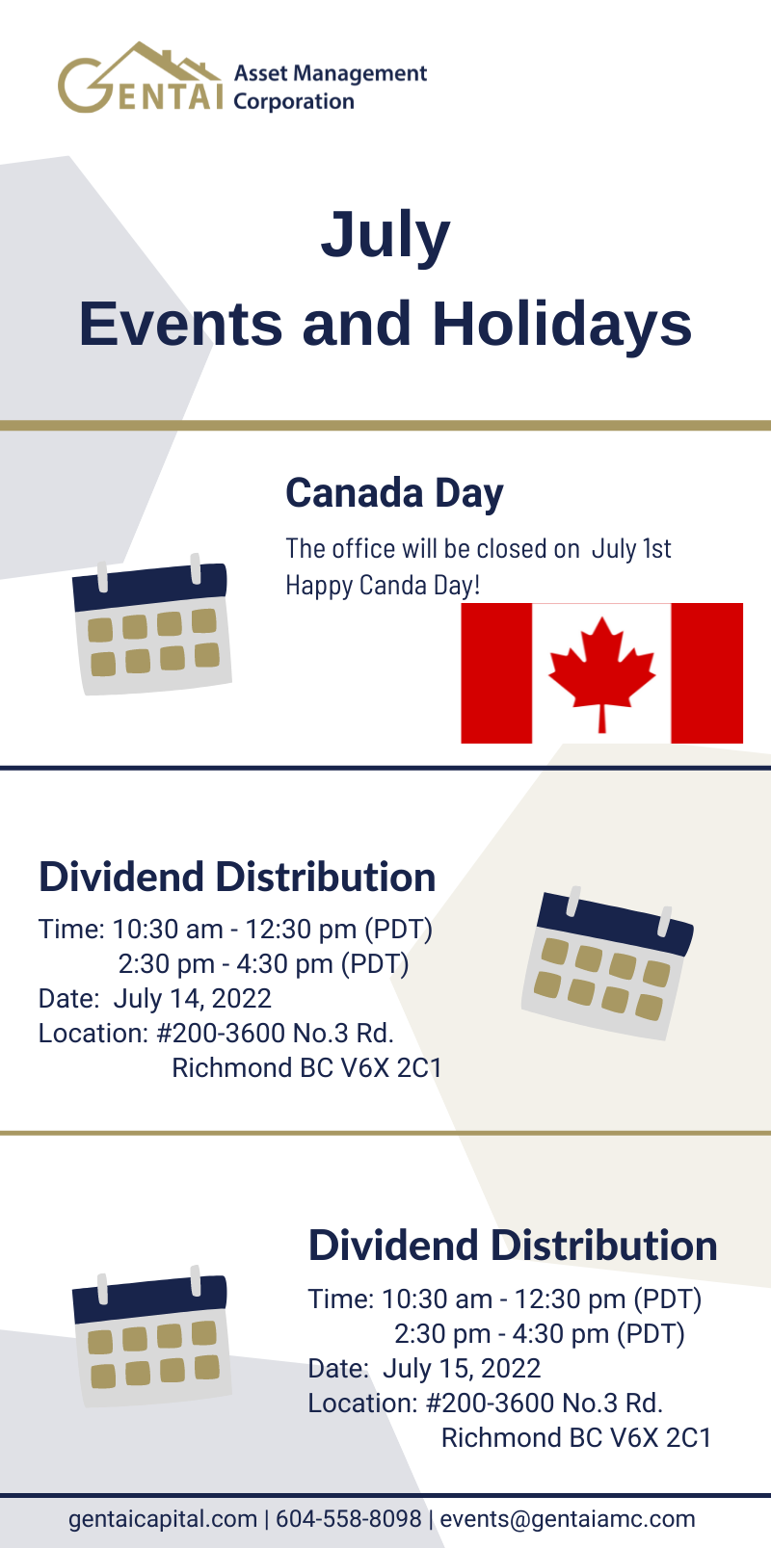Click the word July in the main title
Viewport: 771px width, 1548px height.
(x=385, y=236)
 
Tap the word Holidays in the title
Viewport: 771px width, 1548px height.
(x=562, y=324)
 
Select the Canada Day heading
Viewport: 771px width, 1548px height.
(x=394, y=493)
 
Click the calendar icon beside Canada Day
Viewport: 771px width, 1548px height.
(x=151, y=624)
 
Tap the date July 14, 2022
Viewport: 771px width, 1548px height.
(x=192, y=999)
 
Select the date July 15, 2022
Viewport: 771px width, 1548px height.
(x=462, y=1368)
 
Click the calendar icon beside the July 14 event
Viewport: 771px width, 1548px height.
(x=608, y=963)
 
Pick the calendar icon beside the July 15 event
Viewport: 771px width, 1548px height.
(x=151, y=1336)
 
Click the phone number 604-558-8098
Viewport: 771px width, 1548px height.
(x=349, y=1519)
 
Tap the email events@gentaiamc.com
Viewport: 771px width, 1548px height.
(x=568, y=1519)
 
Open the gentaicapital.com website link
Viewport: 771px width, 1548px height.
(x=163, y=1520)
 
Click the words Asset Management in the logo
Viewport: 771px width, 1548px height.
(x=331, y=73)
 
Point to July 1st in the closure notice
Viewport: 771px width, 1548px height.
(x=631, y=549)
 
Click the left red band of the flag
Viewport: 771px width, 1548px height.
(x=496, y=673)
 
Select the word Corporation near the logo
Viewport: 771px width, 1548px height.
(x=294, y=101)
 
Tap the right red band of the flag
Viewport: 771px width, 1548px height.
(x=706, y=673)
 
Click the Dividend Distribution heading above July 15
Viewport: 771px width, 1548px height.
(x=513, y=1246)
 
